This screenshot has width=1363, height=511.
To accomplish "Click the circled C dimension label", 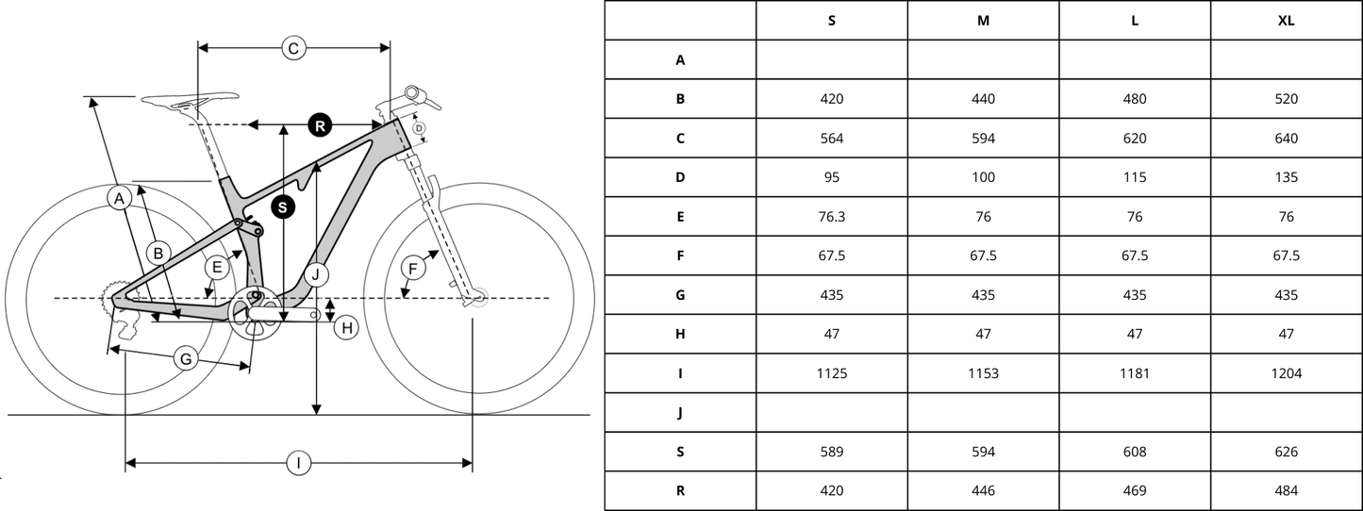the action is click(x=293, y=48).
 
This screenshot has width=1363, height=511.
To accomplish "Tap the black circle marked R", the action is click(x=320, y=126).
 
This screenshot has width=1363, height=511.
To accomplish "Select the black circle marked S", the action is click(x=282, y=207).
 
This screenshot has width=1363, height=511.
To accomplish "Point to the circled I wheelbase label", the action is click(x=299, y=464).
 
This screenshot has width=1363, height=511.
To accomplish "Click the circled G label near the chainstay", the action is click(x=186, y=359).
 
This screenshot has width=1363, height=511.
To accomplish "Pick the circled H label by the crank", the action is click(x=347, y=328).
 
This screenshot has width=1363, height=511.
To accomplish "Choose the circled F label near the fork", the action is click(x=413, y=269).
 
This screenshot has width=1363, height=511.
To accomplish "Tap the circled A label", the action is click(x=119, y=198).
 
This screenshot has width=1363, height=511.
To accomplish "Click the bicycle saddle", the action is click(x=190, y=100).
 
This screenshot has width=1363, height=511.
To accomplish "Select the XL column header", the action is click(x=1286, y=21).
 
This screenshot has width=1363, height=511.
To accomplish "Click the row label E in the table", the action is click(x=680, y=217).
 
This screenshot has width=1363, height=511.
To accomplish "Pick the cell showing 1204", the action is click(x=1287, y=373).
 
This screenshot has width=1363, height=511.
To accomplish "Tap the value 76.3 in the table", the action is click(x=832, y=217).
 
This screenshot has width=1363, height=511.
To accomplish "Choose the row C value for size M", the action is click(x=983, y=138).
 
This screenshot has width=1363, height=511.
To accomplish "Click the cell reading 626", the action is click(x=1287, y=452).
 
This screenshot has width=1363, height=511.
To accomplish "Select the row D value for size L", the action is click(x=1135, y=177).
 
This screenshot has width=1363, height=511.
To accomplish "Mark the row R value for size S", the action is click(x=832, y=490).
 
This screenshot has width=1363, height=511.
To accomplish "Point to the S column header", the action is click(x=832, y=21).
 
